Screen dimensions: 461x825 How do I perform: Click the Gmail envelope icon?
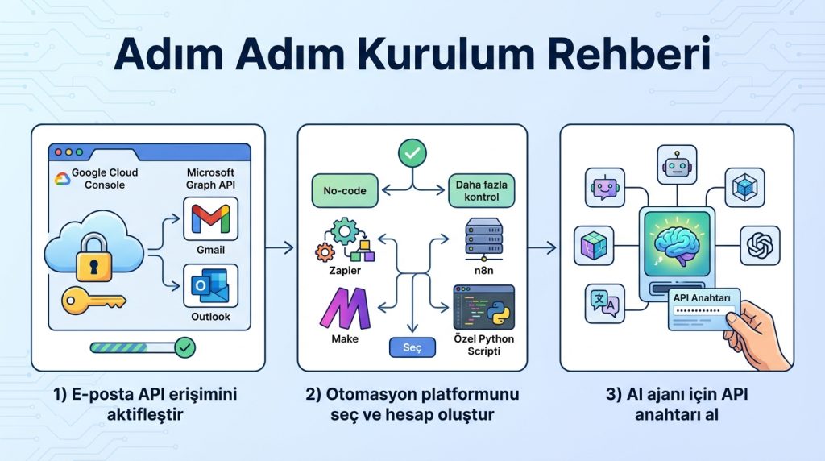tap(210, 218)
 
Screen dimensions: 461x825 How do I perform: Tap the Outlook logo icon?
tap(210, 286)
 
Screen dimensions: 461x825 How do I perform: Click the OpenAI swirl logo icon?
tap(759, 244)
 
